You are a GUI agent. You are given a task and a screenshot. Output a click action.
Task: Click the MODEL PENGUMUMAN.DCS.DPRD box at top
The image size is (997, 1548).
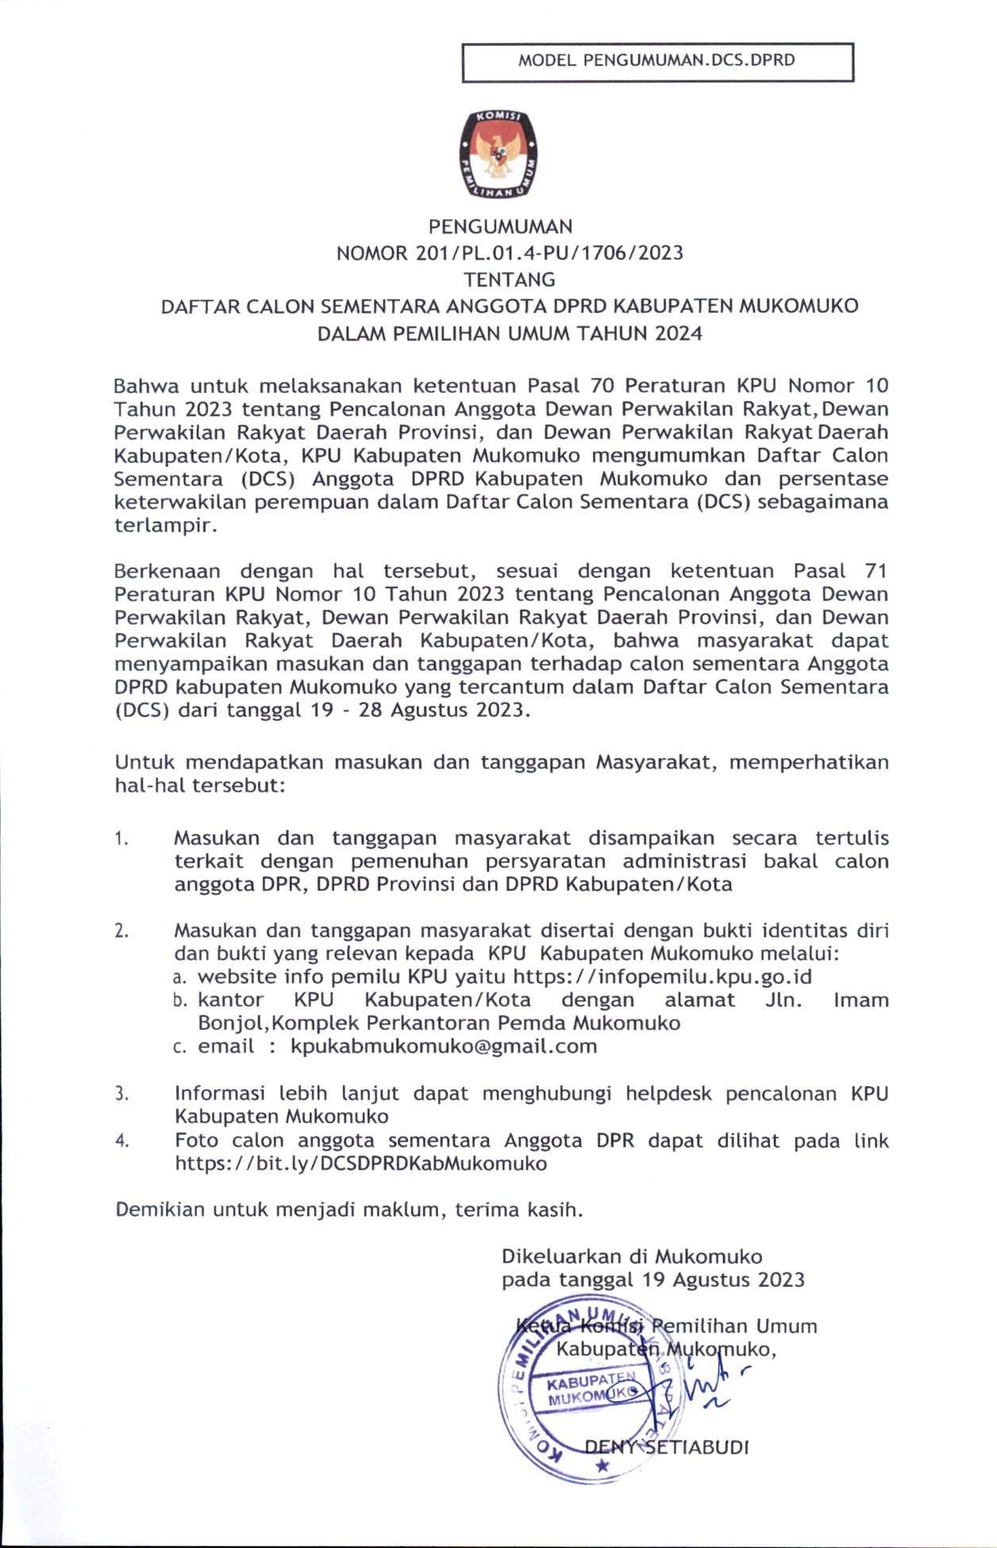[657, 61]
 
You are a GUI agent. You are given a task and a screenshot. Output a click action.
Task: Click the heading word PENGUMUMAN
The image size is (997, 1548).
[500, 227]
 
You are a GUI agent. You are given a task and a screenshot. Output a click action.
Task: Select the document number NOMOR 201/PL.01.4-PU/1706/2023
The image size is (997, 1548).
[510, 253]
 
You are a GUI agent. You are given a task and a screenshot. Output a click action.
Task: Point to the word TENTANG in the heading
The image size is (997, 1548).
[510, 279]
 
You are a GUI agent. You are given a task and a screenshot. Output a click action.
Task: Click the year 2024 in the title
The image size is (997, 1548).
[679, 333]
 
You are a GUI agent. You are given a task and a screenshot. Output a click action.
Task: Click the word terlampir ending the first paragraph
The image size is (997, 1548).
[164, 526]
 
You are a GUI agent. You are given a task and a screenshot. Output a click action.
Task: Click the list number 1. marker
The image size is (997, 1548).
[121, 839]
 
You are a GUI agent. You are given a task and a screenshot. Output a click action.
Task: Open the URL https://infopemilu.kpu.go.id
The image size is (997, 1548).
[662, 976]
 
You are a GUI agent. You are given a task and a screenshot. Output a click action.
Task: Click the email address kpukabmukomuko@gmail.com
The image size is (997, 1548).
[444, 1046]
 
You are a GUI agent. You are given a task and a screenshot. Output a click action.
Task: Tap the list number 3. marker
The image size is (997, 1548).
[121, 1095]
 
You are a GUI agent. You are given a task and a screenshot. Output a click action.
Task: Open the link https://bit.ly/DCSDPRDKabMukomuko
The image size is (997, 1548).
[360, 1164]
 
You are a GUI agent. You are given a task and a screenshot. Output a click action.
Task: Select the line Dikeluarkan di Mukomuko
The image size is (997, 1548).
[632, 1257]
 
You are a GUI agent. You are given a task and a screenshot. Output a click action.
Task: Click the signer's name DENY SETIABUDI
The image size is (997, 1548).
[667, 1446]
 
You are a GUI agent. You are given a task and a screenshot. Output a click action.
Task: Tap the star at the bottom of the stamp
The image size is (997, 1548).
[602, 1465]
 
